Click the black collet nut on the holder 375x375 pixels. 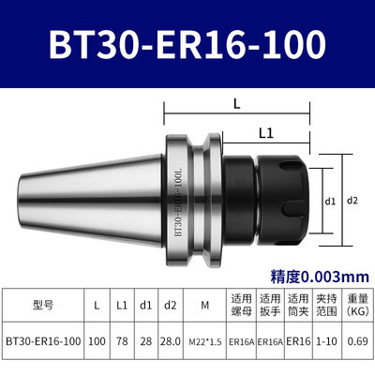pyautogui.click(x=281, y=200)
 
